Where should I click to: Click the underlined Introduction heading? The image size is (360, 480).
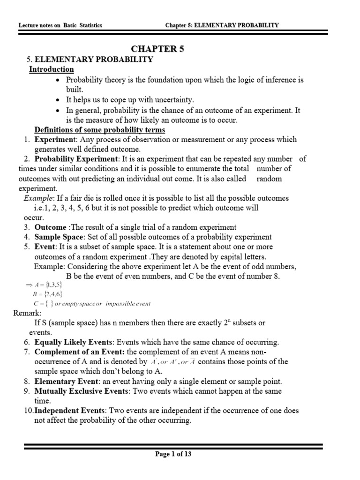[52, 69]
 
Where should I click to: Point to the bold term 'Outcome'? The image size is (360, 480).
[50, 227]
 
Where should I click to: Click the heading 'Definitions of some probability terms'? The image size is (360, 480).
[99, 130]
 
